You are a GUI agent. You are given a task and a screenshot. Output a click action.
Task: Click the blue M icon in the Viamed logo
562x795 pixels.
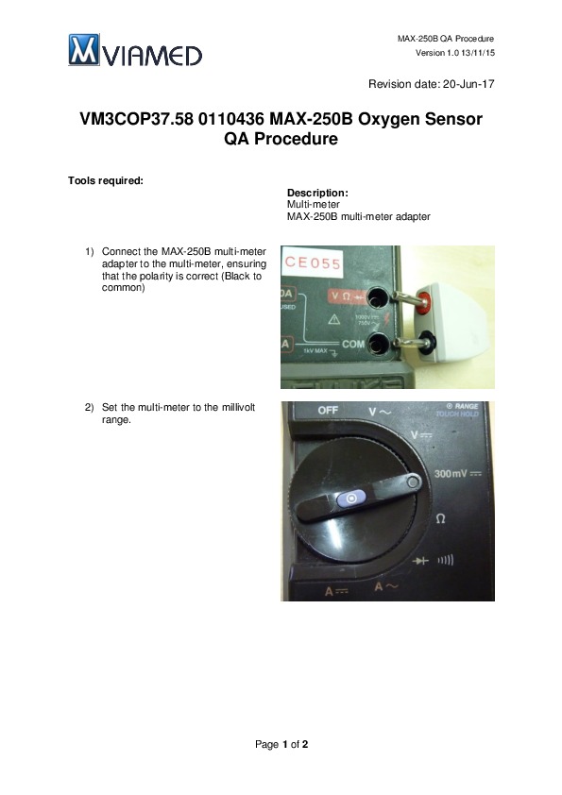tap(84, 50)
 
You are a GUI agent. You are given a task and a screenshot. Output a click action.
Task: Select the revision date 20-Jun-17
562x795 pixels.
tap(468, 84)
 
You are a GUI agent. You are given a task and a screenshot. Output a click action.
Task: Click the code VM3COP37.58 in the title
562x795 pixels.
tap(136, 119)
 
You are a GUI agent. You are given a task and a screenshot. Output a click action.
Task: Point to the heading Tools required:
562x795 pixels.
tap(106, 181)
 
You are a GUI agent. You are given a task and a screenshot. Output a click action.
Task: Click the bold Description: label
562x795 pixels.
tap(317, 193)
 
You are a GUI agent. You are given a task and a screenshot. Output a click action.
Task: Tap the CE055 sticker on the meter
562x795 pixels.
tap(313, 262)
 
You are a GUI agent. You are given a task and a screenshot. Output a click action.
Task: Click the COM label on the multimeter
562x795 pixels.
tap(353, 345)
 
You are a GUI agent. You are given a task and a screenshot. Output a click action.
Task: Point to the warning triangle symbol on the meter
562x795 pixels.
tap(333, 319)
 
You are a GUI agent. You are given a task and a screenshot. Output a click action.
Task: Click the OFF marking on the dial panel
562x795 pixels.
tap(328, 410)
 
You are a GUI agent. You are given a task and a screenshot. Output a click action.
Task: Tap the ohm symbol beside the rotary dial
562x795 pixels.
tap(441, 518)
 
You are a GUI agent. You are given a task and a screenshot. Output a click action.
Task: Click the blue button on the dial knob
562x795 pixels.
tap(351, 499)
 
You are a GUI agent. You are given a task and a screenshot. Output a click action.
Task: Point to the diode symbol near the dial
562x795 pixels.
tap(420, 561)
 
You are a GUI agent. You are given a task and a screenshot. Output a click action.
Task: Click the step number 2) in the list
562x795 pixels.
tap(90, 407)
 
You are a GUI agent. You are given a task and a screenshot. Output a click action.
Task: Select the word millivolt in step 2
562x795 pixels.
tap(238, 407)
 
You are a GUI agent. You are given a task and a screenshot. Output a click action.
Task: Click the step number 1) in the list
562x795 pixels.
tap(90, 251)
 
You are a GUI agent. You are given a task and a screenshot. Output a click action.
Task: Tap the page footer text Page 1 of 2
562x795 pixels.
tap(281, 744)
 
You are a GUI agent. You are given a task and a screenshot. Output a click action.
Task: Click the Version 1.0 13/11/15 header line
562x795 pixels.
tap(455, 53)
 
